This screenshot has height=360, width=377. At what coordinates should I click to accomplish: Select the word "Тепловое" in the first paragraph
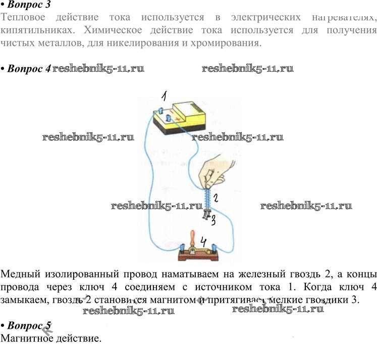pos(24,18)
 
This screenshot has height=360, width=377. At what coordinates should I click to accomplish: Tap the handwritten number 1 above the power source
pos(164,96)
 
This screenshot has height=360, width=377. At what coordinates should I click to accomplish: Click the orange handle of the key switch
pos(192,238)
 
